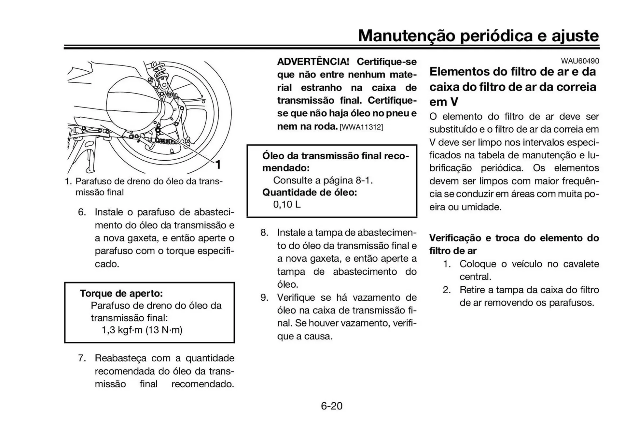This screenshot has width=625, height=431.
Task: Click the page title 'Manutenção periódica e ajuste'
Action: (478, 36)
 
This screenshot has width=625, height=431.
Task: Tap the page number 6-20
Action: (331, 406)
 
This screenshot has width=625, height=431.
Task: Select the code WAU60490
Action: (579, 61)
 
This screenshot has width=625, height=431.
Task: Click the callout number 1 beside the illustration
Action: (218, 165)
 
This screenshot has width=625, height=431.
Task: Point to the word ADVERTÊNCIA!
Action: (313, 62)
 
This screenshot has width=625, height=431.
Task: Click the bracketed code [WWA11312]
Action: (361, 127)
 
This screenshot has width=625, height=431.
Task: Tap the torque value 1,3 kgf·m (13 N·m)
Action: (142, 330)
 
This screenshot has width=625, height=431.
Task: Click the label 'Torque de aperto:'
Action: (121, 294)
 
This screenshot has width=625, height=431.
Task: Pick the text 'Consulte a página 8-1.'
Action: (323, 180)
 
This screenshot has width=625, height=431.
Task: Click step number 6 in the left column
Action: (82, 212)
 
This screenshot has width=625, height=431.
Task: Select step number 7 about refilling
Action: (82, 358)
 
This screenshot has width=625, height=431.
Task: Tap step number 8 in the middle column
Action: (264, 233)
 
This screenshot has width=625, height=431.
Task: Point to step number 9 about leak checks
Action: (264, 297)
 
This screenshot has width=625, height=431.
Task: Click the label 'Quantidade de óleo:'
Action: (310, 193)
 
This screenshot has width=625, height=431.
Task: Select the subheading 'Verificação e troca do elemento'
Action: (514, 238)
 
